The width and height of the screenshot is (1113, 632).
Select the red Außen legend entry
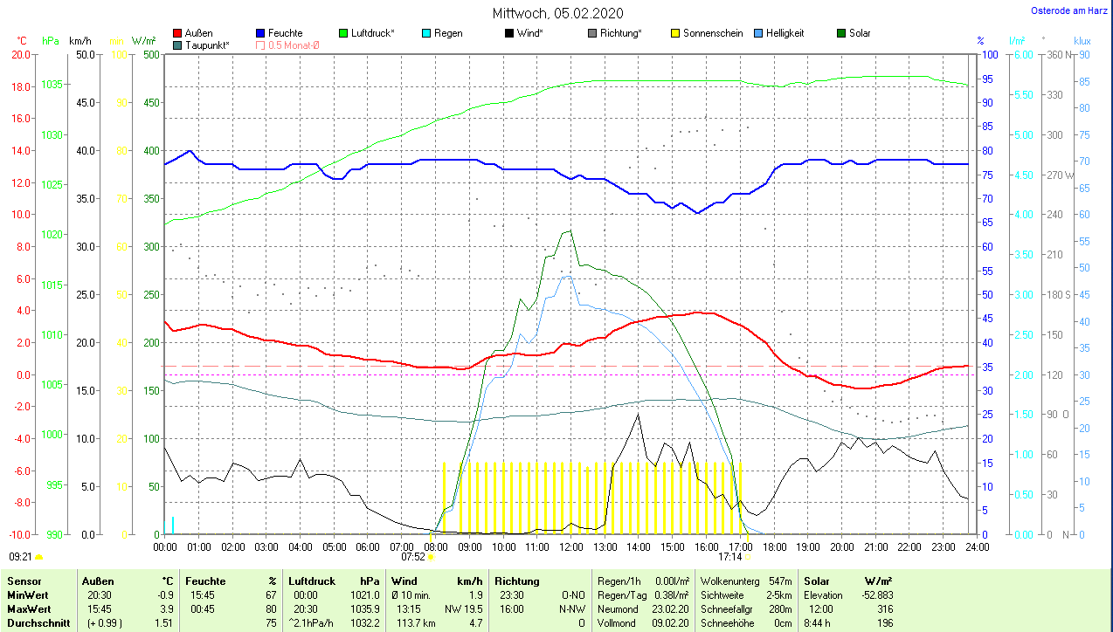point(193,33)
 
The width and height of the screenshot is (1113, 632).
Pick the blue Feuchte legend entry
point(279,33)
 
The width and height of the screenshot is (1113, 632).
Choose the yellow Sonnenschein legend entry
point(706,33)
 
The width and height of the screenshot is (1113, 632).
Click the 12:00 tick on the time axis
point(570,546)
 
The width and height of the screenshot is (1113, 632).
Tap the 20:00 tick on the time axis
point(841,546)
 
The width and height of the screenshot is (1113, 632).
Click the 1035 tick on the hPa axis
point(52,85)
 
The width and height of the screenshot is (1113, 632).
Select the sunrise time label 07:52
point(412,556)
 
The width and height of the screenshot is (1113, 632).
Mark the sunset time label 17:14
point(729,556)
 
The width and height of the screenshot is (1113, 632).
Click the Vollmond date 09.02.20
point(671,623)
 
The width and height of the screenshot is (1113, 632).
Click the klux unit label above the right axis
point(1082,41)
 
